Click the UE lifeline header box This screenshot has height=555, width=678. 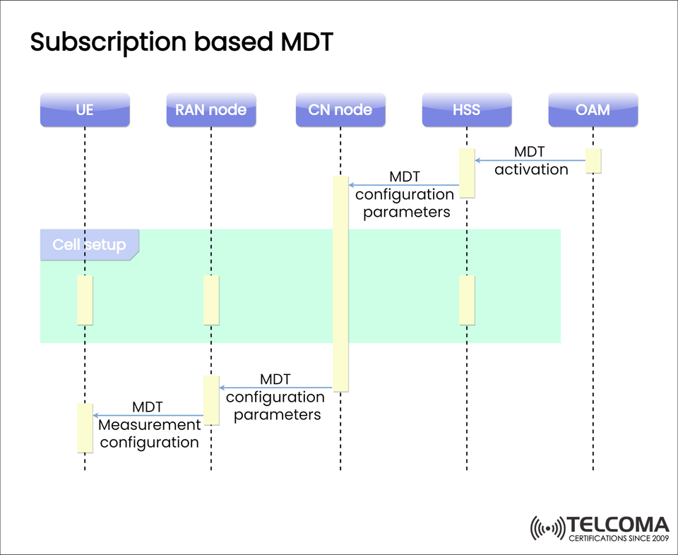pos(85,109)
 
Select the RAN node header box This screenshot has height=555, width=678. pos(211,109)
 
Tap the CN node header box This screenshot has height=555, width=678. pos(340,109)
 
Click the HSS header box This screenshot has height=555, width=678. pos(466,109)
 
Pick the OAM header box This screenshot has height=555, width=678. pos(593,109)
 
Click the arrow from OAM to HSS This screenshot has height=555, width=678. pos(530,160)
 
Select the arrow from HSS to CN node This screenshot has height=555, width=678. pos(404,186)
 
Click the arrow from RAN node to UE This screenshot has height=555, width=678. pos(148,415)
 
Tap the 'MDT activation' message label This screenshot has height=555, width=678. pos(530,161)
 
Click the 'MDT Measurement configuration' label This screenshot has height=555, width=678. pos(149,425)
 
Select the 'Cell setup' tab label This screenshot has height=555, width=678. pos(89,245)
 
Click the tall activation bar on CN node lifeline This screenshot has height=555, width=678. pos(340,282)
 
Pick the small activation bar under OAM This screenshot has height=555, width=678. pos(593,160)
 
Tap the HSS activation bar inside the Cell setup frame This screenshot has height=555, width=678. pos(467,300)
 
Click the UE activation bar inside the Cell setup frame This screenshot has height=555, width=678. pos(85,300)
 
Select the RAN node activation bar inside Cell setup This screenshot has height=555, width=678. pos(211,300)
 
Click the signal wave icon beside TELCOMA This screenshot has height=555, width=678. pos(549,528)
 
